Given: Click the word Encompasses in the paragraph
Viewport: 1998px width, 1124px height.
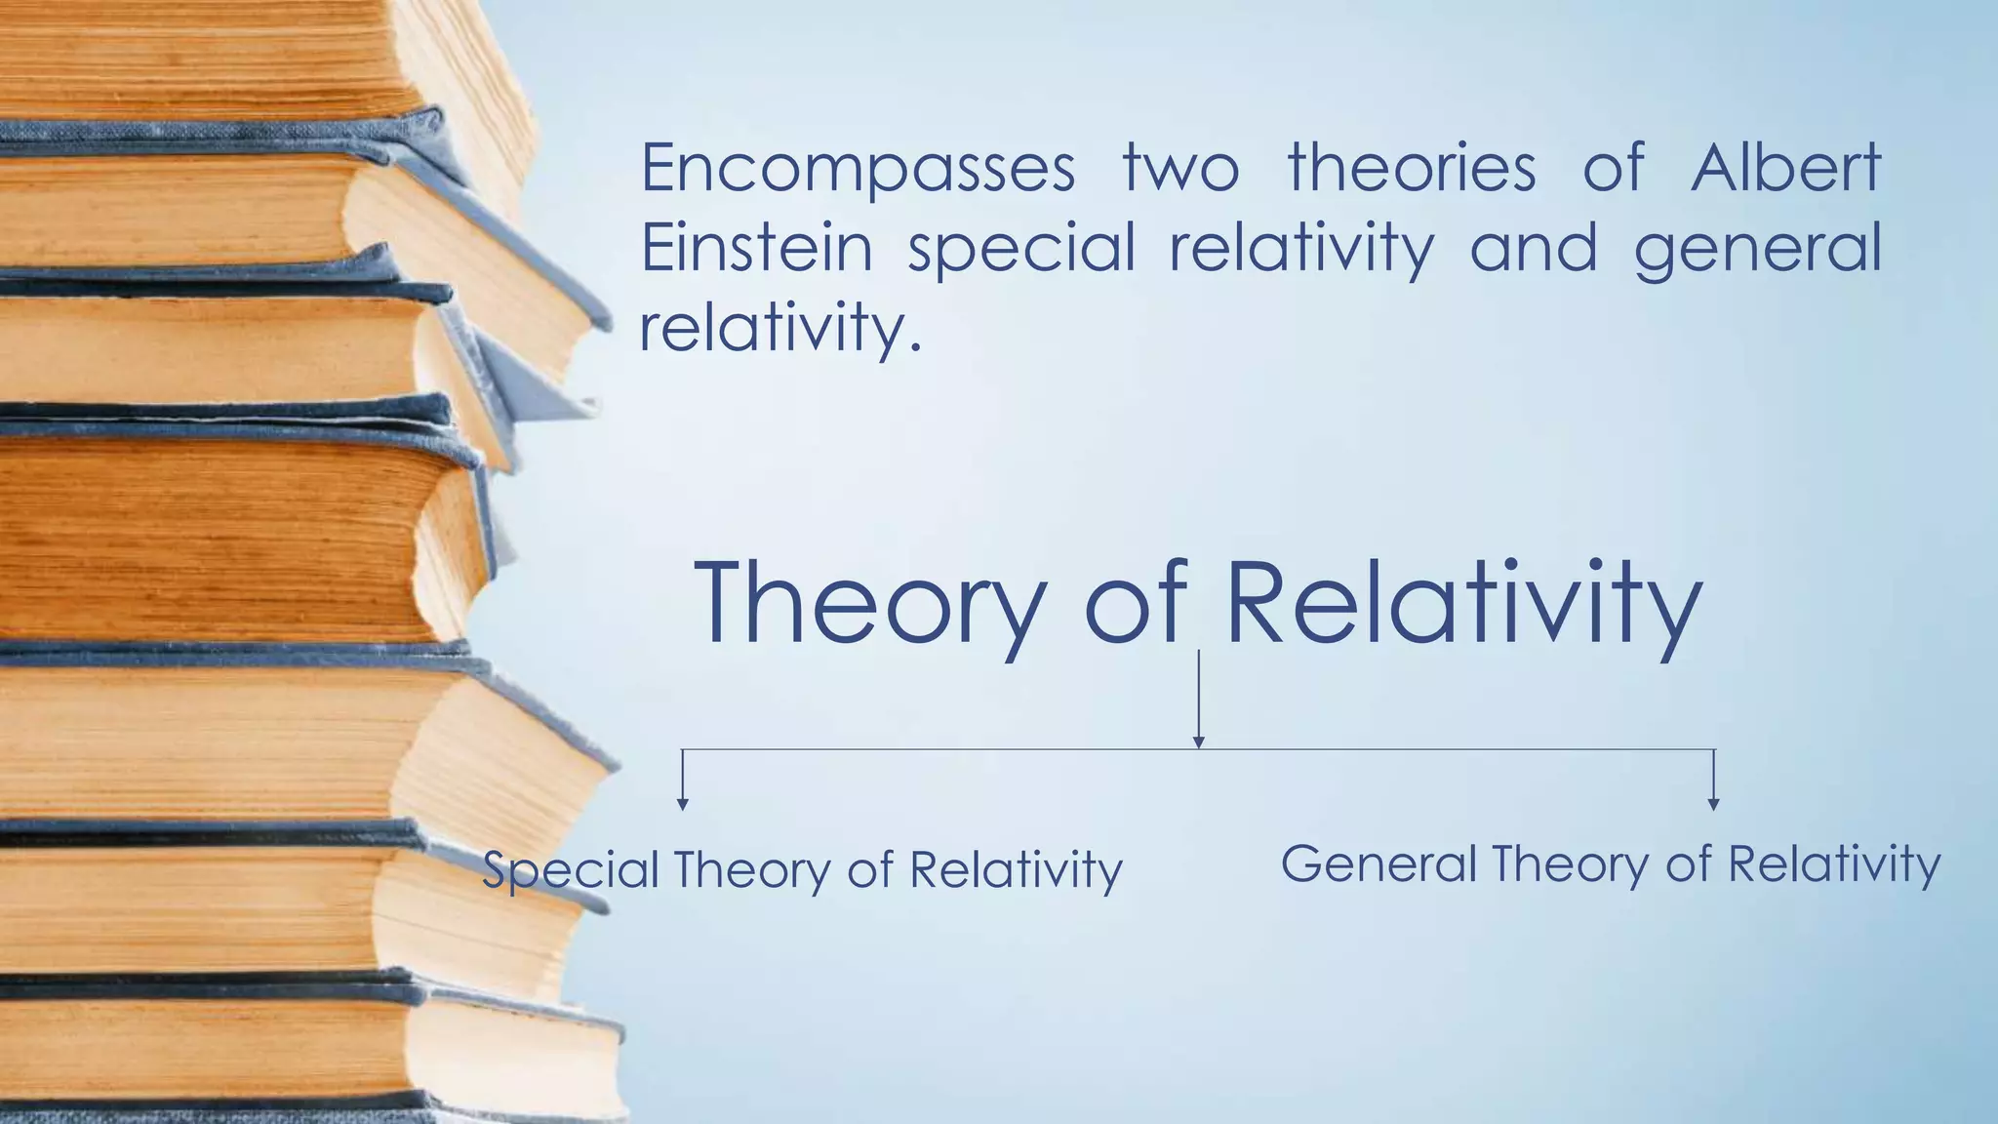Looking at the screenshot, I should coord(858,169).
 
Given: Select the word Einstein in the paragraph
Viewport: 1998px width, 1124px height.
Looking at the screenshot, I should coord(756,248).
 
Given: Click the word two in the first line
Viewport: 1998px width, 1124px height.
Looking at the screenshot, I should coord(1180,169).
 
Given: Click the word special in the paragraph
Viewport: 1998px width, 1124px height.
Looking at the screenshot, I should coord(1021,250).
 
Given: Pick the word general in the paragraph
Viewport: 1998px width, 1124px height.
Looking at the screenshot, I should coord(1757,250).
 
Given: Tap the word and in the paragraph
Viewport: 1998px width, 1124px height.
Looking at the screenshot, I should coord(1533,248).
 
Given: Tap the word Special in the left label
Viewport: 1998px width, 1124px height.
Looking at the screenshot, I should coord(571,870).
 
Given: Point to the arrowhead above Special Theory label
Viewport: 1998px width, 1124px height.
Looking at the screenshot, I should coord(683,804).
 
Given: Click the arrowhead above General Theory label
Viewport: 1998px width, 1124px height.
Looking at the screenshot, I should coord(1713,804).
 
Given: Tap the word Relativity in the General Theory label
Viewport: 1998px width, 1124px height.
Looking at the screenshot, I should coord(1834,864).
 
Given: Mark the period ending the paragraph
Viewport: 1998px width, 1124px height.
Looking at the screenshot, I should coord(914,348).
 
